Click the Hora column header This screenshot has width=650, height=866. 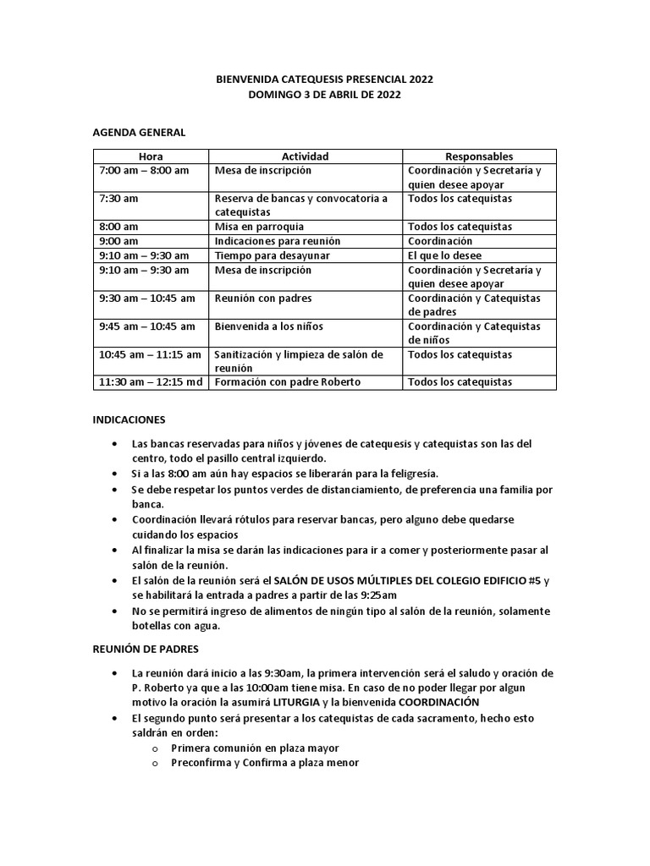[x=151, y=156]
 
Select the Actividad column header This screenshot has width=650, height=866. [x=305, y=156]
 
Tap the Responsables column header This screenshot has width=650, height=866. [x=479, y=156]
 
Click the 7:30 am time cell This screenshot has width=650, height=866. [x=119, y=199]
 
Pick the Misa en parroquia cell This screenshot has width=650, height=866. [x=259, y=227]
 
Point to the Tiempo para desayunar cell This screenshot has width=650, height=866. [x=272, y=255]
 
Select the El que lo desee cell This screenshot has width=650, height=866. [x=444, y=255]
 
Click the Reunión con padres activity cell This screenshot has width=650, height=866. [x=262, y=298]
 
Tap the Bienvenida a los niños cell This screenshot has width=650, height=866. [x=269, y=326]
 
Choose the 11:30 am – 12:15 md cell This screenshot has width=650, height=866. [x=151, y=382]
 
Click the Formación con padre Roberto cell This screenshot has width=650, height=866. [x=288, y=382]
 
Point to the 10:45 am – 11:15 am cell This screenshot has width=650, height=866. [x=151, y=354]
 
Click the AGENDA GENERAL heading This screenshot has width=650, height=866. [x=138, y=132]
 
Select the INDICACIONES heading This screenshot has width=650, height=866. [x=129, y=419]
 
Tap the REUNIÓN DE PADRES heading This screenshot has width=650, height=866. [x=145, y=649]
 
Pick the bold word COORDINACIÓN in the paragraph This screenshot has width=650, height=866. [x=439, y=702]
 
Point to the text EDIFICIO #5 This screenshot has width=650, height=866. [x=503, y=580]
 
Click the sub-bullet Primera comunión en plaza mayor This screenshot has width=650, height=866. [x=255, y=748]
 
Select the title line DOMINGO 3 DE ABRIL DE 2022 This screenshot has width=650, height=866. [x=324, y=95]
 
